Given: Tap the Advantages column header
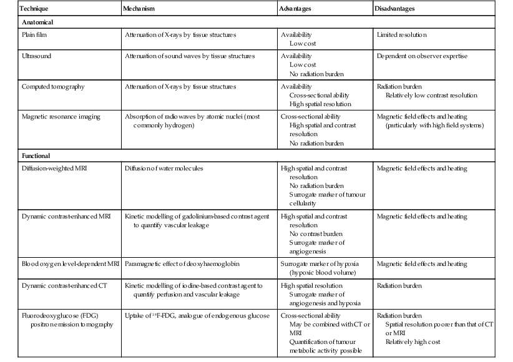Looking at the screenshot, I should [x=296, y=9].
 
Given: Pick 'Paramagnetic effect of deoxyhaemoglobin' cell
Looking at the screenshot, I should [x=187, y=264].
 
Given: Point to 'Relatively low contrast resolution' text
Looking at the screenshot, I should [x=431, y=95].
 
